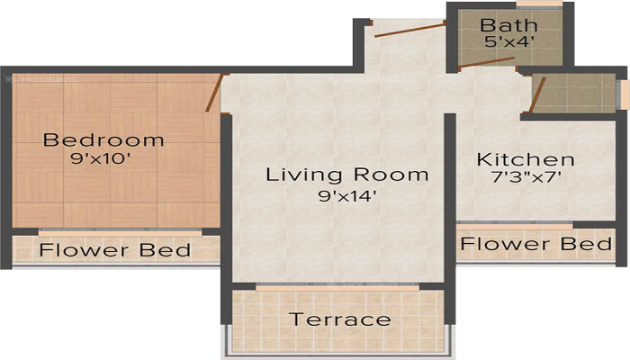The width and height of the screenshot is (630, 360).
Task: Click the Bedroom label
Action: [104, 140]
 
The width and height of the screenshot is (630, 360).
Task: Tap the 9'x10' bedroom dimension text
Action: [104, 163]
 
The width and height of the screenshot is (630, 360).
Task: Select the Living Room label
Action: [346, 174]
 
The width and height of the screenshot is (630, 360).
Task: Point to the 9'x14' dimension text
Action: [346, 196]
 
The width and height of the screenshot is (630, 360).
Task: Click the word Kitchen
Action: [525, 159]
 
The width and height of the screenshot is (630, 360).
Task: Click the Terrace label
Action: [339, 319]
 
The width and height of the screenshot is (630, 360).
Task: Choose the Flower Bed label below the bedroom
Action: [115, 249]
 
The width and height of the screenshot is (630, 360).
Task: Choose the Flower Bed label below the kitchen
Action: [537, 244]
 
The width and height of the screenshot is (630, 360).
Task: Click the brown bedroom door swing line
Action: [213, 94]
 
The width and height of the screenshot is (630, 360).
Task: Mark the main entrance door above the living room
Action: [409, 31]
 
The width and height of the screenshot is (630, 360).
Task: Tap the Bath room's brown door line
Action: [485, 64]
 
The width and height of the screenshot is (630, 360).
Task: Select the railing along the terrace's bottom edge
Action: [339, 354]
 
